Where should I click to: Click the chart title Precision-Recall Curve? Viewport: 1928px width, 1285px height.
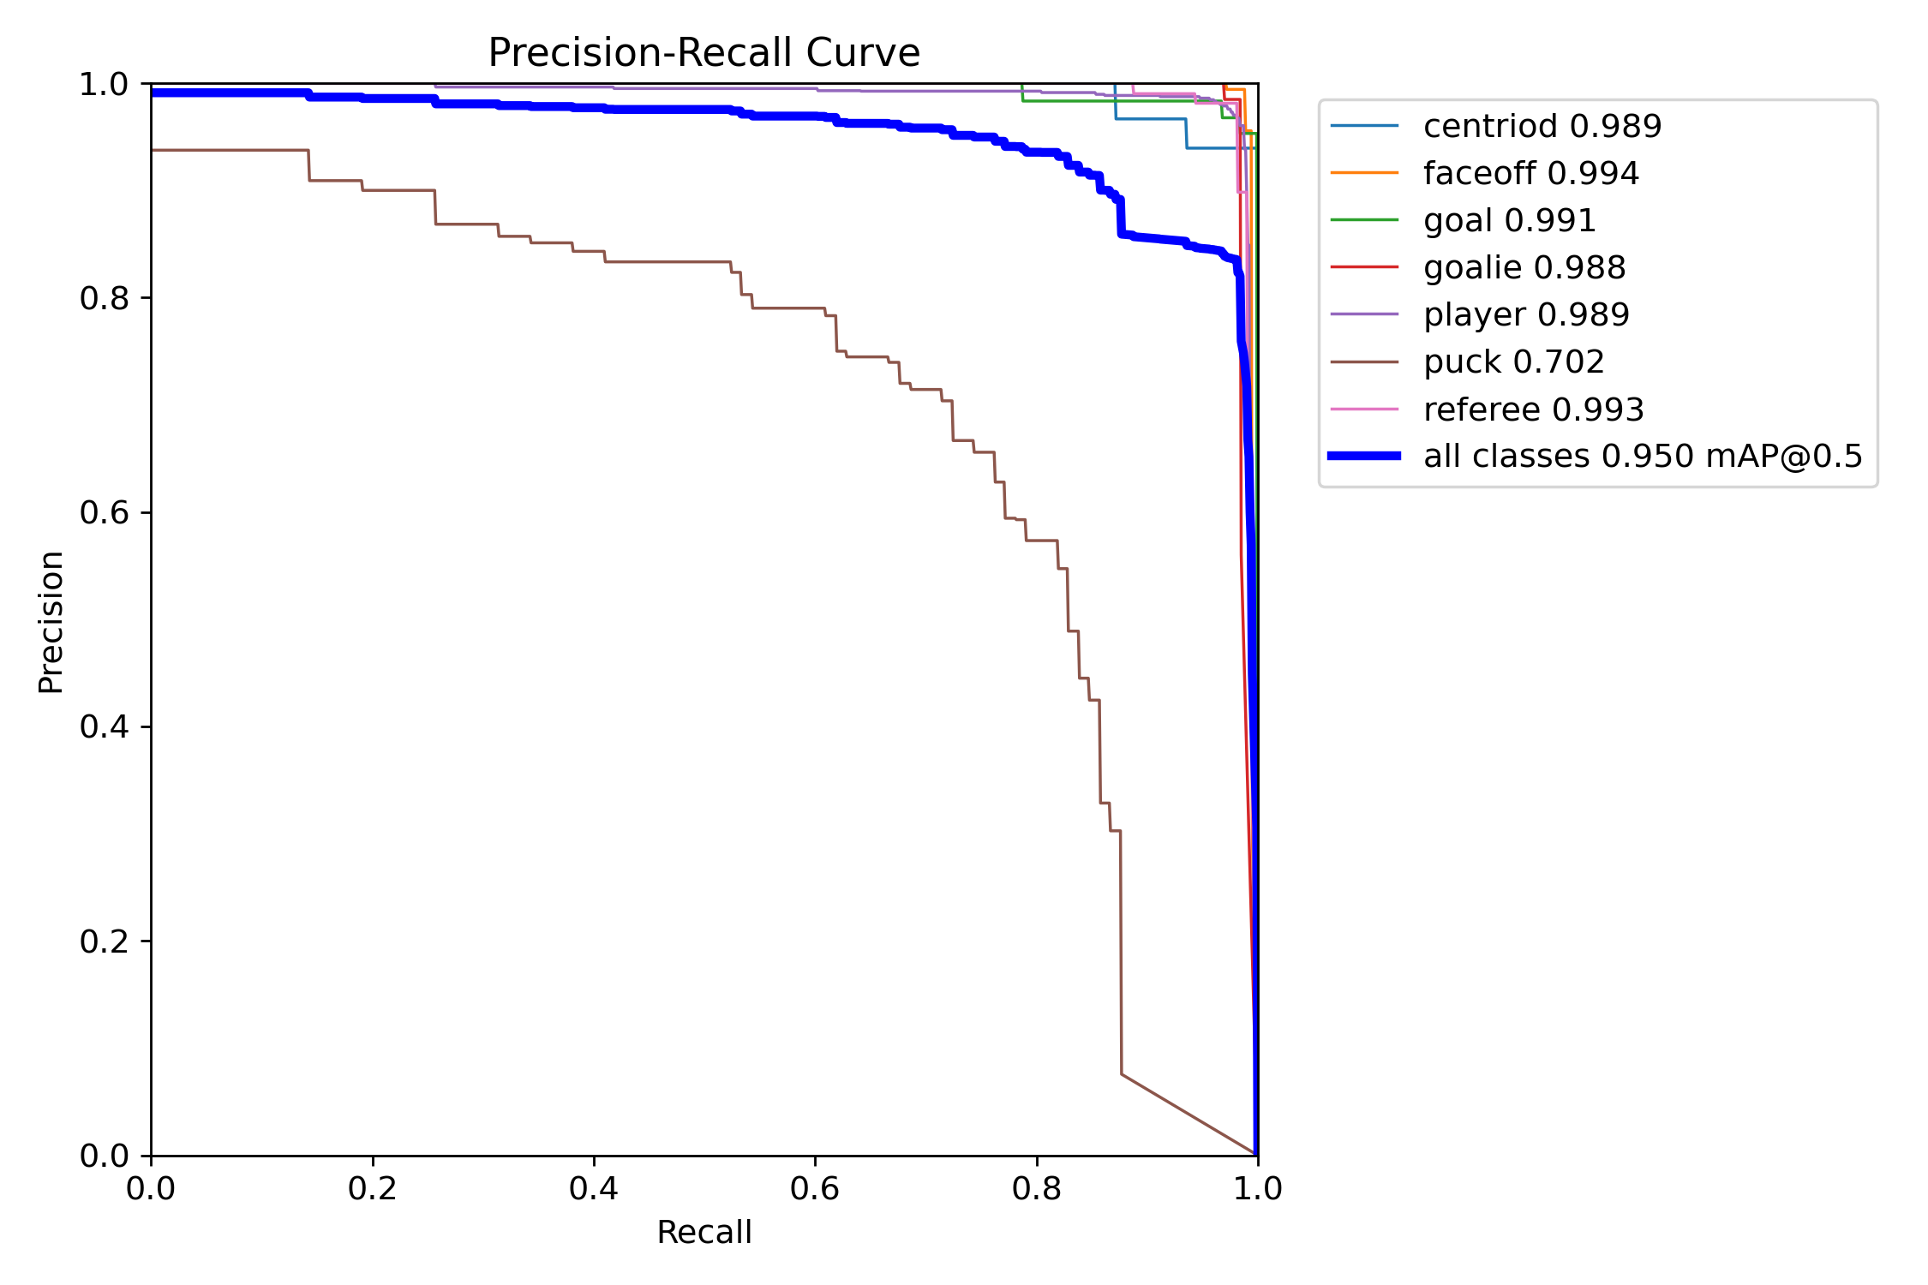pyautogui.click(x=704, y=53)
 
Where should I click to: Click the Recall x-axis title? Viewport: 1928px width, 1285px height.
pyautogui.click(x=704, y=1232)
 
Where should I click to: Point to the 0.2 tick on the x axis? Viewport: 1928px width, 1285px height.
pyautogui.click(x=373, y=1188)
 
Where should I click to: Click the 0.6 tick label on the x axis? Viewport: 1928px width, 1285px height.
pyautogui.click(x=815, y=1188)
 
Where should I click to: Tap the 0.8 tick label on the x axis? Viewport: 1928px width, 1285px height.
pyautogui.click(x=1036, y=1188)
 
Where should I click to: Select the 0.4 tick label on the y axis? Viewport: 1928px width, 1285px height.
pyautogui.click(x=104, y=727)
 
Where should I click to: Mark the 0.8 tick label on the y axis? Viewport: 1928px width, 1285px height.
pyautogui.click(x=104, y=298)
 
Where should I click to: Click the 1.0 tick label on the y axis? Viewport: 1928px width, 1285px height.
pyautogui.click(x=104, y=85)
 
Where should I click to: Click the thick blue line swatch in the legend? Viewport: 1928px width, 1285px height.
pyautogui.click(x=1364, y=457)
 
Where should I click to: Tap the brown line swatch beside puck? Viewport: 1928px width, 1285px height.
pyautogui.click(x=1364, y=362)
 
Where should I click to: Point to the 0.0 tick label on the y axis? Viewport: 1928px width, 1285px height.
pyautogui.click(x=104, y=1156)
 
